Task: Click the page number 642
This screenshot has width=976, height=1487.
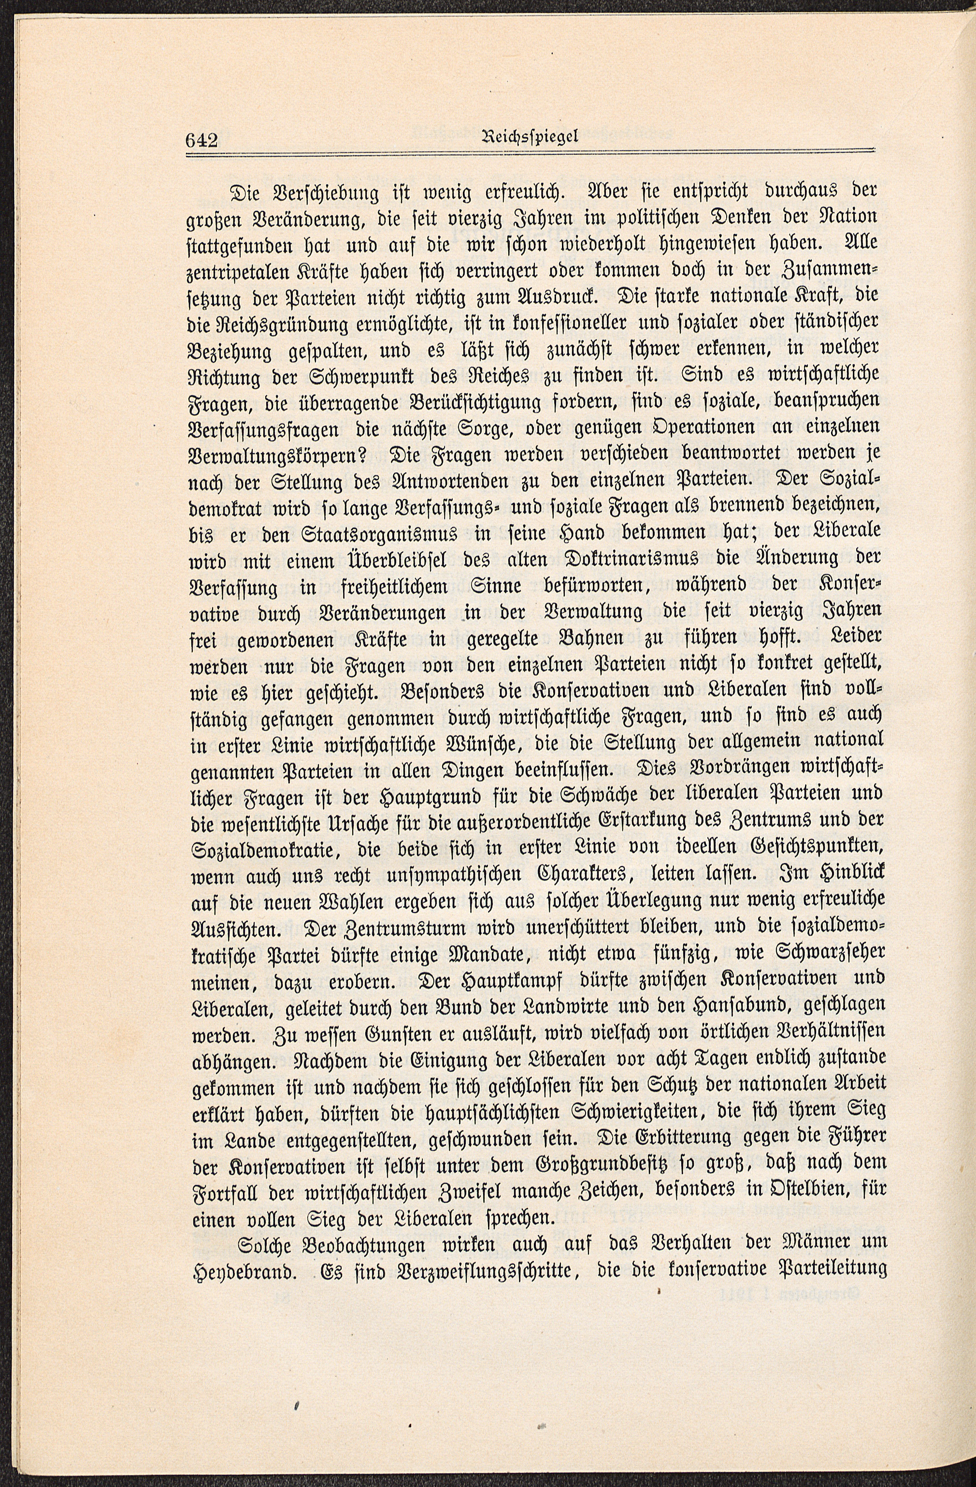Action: coord(201,139)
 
